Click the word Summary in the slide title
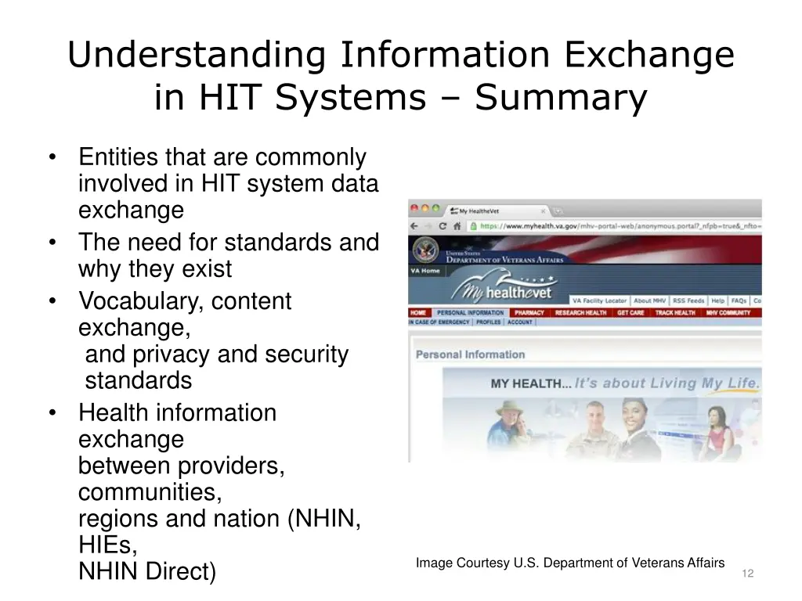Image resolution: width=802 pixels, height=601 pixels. coord(561,98)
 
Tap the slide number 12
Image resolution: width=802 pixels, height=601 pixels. coord(747,574)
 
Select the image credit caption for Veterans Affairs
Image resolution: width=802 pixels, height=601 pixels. coord(569,563)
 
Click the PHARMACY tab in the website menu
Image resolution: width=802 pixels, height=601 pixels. coord(529,313)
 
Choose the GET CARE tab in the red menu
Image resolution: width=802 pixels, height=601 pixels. coord(630,313)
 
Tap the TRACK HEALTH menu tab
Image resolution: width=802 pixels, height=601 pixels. coord(674,313)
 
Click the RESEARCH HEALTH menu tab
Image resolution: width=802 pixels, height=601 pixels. coord(580,313)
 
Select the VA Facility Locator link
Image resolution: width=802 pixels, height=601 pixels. coord(599,300)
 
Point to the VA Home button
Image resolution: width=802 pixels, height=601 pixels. coord(425,271)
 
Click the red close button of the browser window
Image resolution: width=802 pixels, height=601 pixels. coord(414,210)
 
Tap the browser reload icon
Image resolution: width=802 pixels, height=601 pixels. coord(443,226)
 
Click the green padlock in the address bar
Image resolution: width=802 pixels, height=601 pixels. coord(472,226)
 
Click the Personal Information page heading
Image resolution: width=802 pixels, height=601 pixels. coord(470,354)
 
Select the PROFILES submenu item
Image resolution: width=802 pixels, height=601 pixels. coord(488,322)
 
